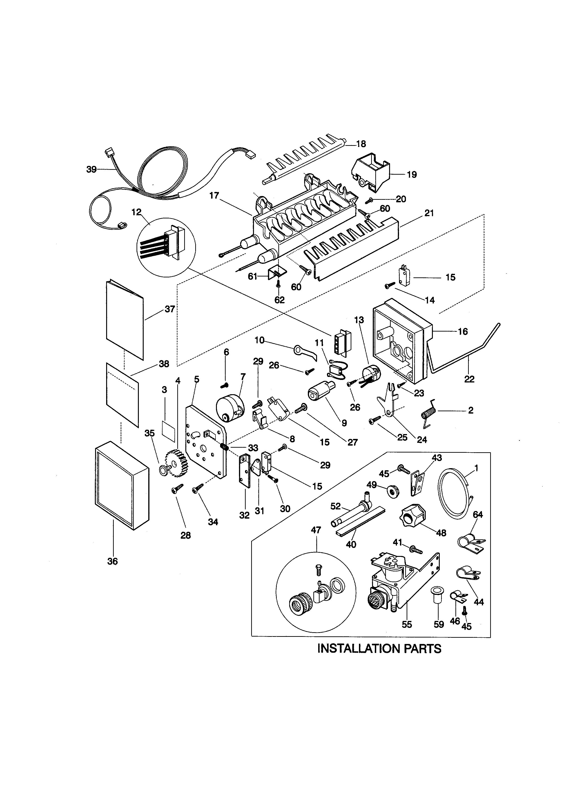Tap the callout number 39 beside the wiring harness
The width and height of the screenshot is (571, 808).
(x=91, y=170)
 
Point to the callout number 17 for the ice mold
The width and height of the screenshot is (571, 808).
(x=214, y=196)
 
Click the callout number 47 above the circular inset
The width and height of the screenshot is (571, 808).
(x=316, y=530)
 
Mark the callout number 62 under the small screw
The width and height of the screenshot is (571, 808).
(x=280, y=300)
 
